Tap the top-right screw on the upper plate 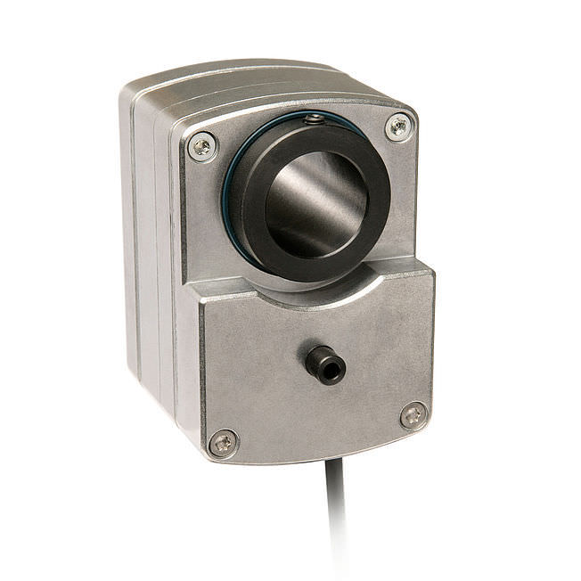click(398, 127)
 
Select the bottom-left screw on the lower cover click(223, 441)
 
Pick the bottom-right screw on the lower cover click(413, 414)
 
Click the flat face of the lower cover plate click(267, 374)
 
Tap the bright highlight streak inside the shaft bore click(285, 200)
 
